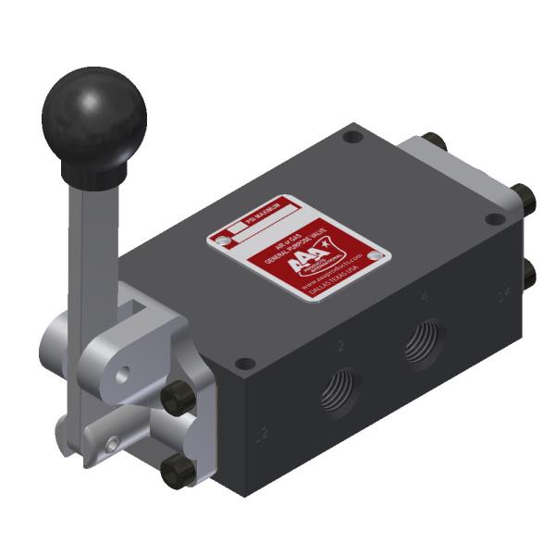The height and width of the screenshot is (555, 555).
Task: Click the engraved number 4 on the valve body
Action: pyautogui.click(x=424, y=298)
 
